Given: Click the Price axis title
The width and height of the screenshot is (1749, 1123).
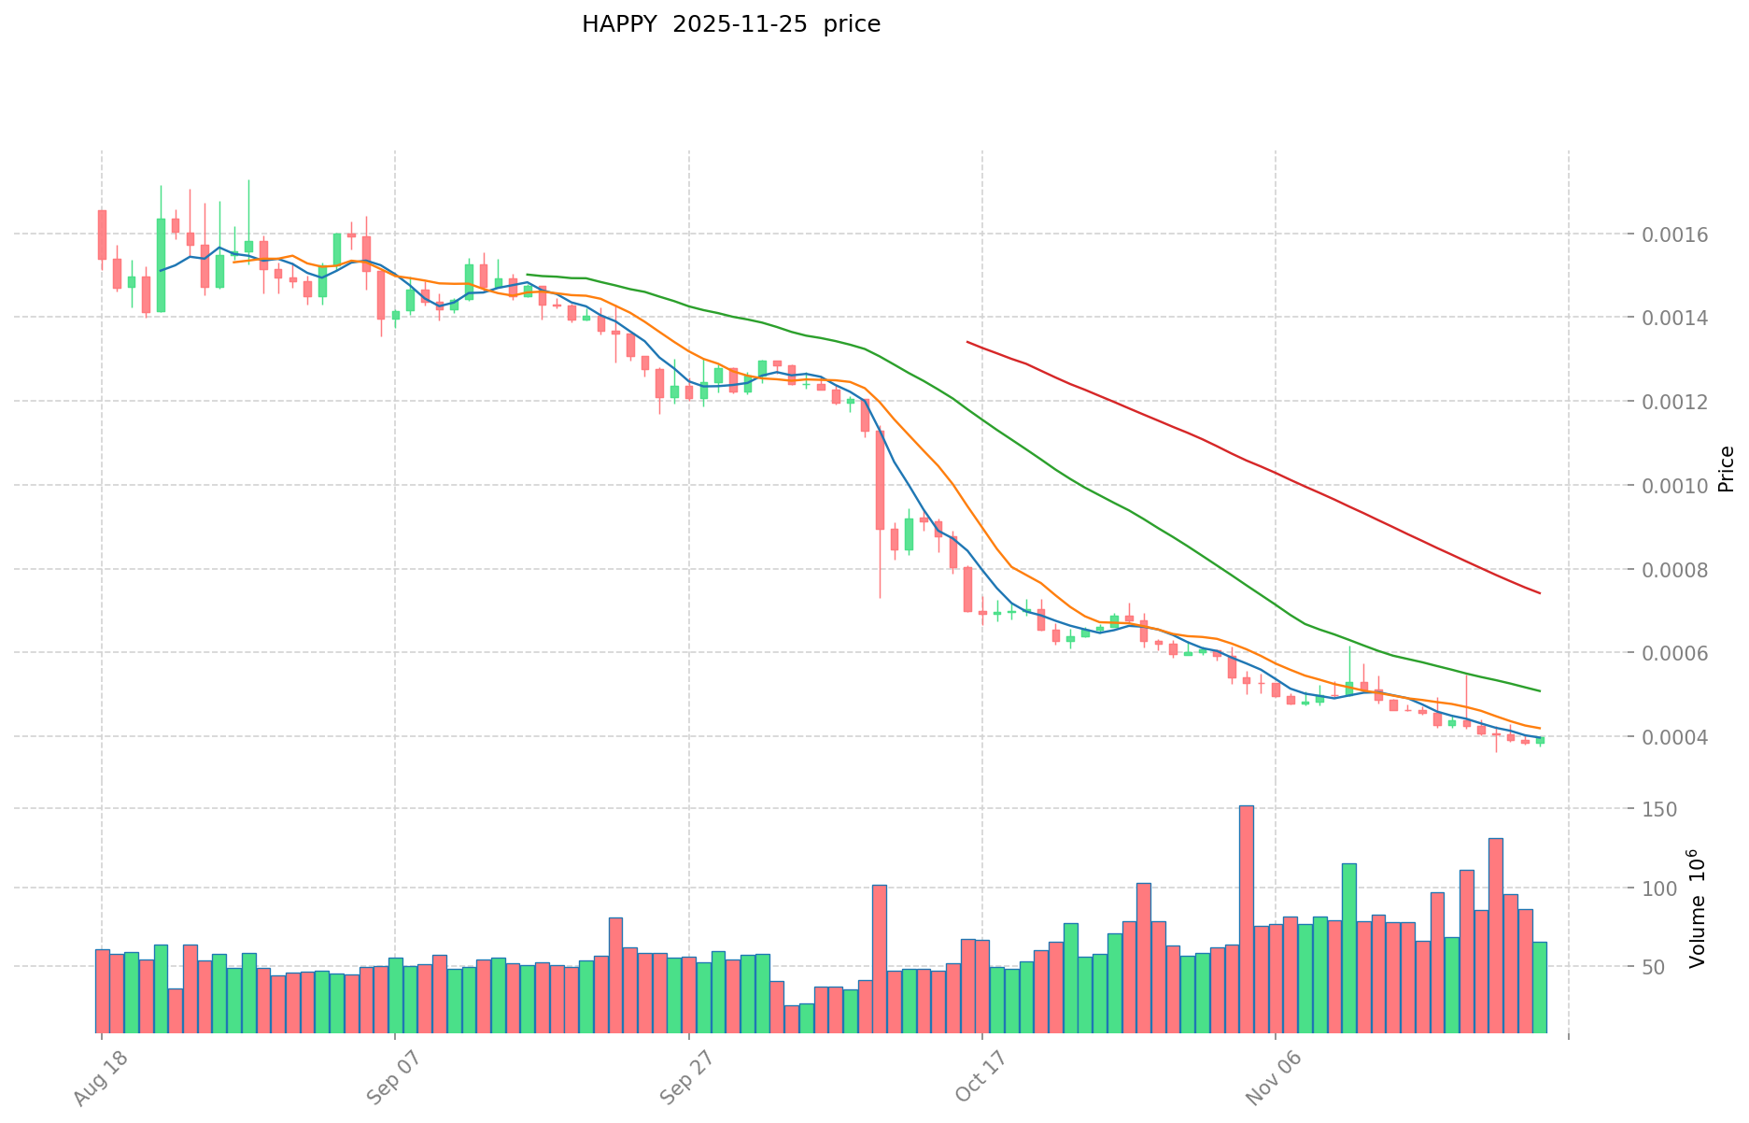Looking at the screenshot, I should click(x=1726, y=469).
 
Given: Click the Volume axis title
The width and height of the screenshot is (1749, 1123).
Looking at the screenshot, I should click(x=1698, y=909).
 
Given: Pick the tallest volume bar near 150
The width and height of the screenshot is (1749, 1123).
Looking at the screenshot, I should click(x=1246, y=919).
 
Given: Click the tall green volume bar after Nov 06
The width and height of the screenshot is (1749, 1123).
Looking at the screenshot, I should click(x=1348, y=948).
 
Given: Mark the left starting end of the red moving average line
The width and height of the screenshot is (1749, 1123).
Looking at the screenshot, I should click(x=967, y=342).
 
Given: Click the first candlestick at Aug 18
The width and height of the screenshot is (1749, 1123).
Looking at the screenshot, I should click(x=102, y=235).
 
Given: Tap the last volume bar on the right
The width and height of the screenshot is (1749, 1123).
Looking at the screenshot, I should click(x=1539, y=987).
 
